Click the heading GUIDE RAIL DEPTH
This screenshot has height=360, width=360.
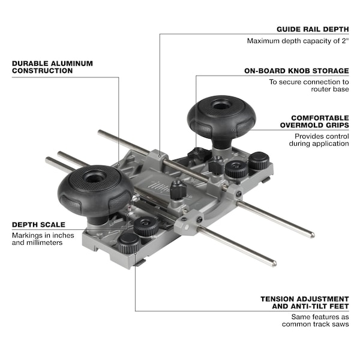pos(313,29)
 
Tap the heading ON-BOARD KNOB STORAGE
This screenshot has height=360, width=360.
pos(296,71)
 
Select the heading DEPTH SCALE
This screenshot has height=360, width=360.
pos(38,224)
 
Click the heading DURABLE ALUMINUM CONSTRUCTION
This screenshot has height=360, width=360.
pos(52,67)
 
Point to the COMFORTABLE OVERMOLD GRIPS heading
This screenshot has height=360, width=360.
pos(314,121)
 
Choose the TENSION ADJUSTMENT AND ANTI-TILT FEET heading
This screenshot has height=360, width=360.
pos(305,302)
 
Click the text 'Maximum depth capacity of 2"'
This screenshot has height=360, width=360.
pos(298,41)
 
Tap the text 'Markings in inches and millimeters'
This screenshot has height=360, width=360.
pos(43,239)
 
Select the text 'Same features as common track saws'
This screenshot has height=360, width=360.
pos(316,320)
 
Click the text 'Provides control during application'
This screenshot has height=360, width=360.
pos(319,140)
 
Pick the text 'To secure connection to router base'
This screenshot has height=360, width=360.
pos(309,85)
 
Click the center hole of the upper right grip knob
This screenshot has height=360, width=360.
pos(221,106)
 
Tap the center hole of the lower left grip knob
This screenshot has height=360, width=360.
pos(94,177)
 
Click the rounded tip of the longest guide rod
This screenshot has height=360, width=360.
pos(313,235)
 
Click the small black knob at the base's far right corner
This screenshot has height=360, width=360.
pos(259,160)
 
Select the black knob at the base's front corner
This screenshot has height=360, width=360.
pos(129,243)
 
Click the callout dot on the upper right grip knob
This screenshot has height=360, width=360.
pos(233,130)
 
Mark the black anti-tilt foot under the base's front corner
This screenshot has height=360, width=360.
pos(139,263)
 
